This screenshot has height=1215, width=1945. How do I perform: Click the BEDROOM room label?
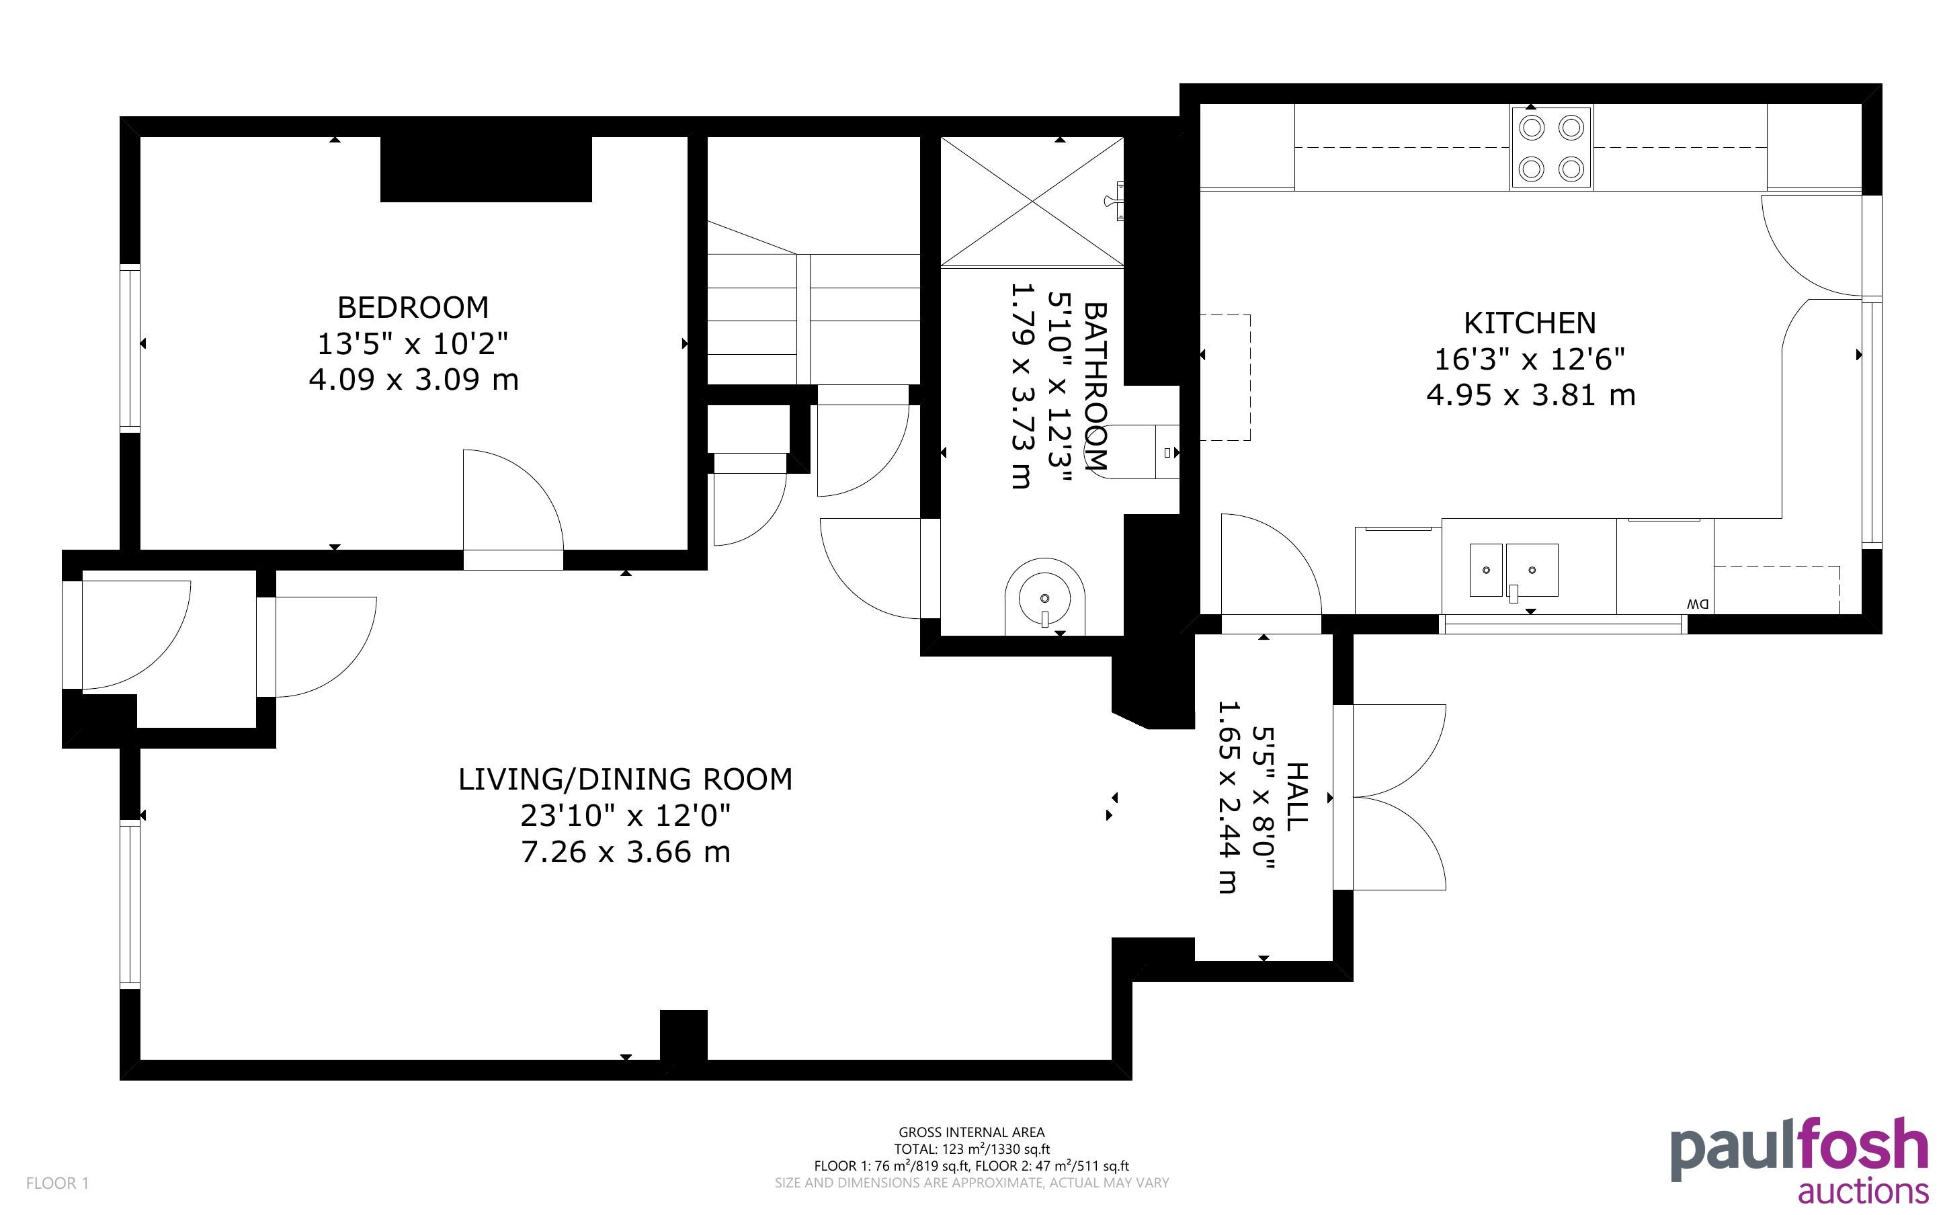click(x=413, y=307)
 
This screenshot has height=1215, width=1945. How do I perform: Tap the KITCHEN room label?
click(x=1530, y=323)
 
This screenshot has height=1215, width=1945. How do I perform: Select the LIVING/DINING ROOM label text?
click(x=625, y=780)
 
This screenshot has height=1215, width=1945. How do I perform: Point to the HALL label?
click(x=1296, y=797)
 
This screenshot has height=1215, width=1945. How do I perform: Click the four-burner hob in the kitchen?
click(x=1551, y=149)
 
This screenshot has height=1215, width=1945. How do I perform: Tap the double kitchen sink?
click(x=1514, y=571)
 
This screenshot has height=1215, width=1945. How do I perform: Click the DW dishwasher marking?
click(x=1698, y=603)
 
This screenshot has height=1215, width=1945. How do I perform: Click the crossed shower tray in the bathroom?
click(x=1032, y=201)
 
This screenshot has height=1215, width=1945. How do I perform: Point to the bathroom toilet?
click(x=1141, y=452)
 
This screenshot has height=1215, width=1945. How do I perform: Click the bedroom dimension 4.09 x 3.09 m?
click(x=414, y=379)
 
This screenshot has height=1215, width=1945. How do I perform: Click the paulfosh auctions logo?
click(x=1800, y=1159)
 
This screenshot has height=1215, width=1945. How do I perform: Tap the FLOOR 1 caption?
click(x=58, y=1183)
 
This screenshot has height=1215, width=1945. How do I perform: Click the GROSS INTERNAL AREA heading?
click(x=971, y=1132)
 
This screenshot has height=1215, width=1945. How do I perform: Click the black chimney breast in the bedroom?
click(x=486, y=169)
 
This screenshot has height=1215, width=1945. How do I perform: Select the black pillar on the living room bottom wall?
click(x=684, y=1035)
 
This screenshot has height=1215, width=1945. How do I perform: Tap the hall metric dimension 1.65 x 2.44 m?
click(x=1227, y=797)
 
